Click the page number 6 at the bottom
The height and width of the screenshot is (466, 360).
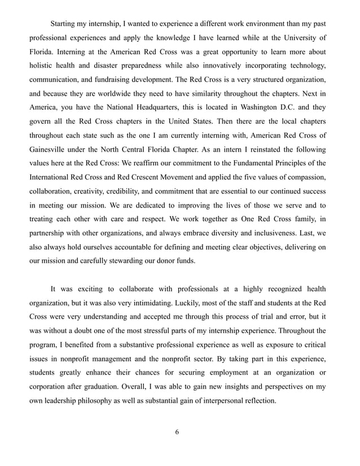(177, 432)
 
